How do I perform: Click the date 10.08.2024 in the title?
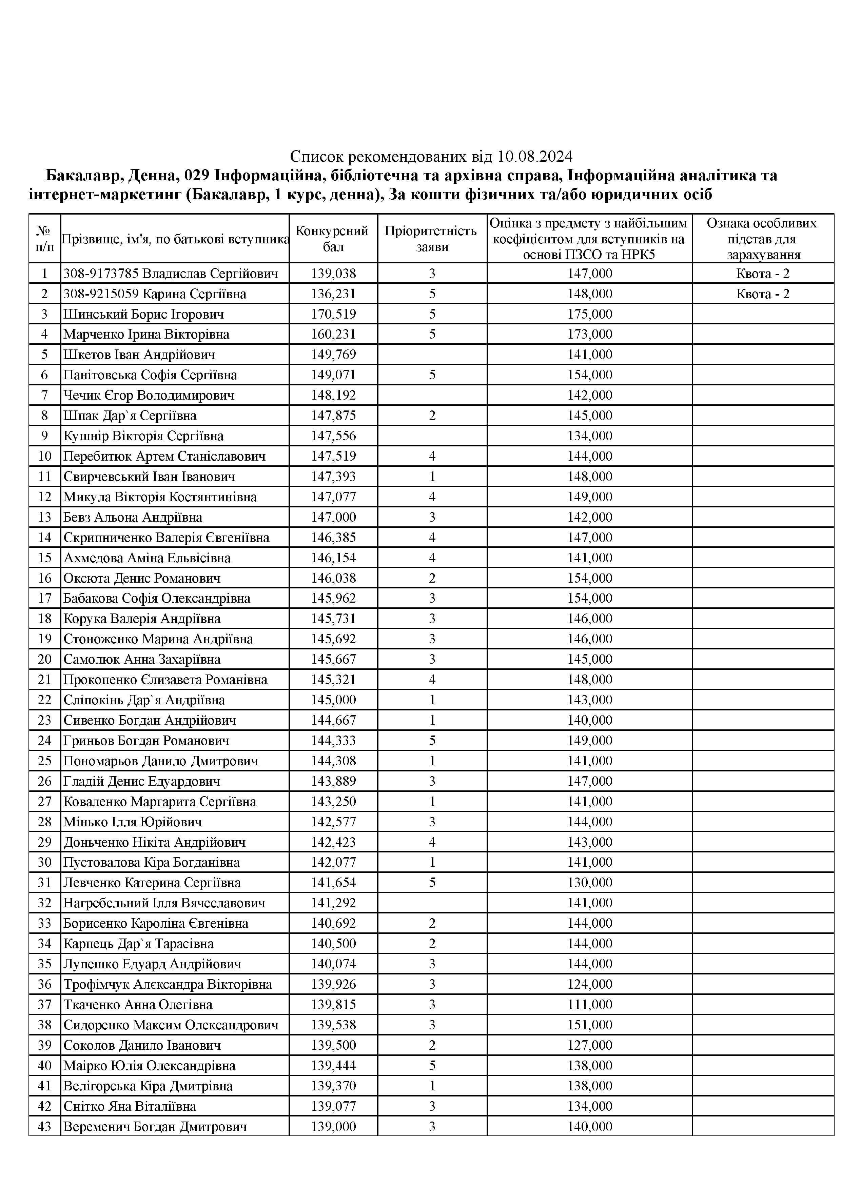[535, 156]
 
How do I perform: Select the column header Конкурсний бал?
[333, 238]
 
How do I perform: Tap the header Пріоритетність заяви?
[432, 238]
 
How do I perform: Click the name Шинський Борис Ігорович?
[143, 314]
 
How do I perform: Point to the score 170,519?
[333, 314]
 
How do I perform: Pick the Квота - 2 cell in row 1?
[762, 274]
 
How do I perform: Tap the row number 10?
[44, 456]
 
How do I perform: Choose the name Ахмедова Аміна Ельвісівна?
[146, 558]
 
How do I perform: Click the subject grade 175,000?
[590, 314]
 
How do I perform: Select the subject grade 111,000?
[590, 1005]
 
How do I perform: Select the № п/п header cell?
[44, 238]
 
